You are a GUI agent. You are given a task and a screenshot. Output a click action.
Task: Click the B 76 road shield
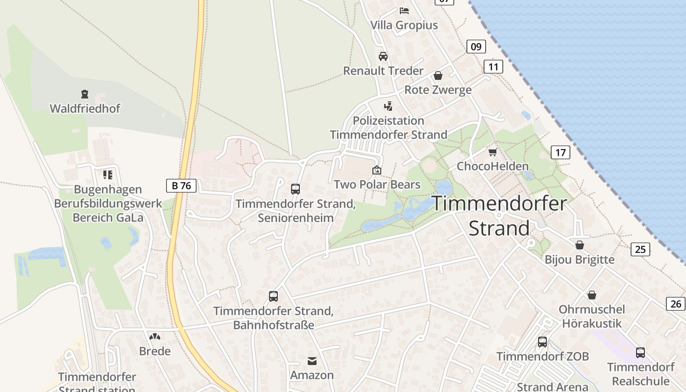tap(181, 186)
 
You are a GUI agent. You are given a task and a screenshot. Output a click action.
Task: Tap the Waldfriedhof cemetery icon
tap(85, 94)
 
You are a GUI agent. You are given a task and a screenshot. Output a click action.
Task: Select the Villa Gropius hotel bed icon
tap(404, 10)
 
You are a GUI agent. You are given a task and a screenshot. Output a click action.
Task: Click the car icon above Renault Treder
tap(383, 56)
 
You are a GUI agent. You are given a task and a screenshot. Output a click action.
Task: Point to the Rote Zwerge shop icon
tap(438, 75)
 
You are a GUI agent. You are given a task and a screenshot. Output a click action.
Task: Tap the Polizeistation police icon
tap(388, 106)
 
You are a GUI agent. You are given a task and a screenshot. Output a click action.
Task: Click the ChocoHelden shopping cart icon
tap(492, 152)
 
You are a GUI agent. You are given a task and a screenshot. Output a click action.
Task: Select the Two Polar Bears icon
tap(377, 170)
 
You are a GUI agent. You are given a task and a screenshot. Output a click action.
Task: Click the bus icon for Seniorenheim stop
tap(295, 189)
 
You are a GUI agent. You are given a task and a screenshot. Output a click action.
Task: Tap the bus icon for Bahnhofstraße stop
tap(273, 296)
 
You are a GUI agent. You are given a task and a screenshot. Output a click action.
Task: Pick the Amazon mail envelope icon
tap(312, 361)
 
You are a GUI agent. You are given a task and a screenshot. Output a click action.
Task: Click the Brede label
tap(155, 351)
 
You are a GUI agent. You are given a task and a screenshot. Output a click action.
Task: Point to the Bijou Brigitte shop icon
tap(580, 245)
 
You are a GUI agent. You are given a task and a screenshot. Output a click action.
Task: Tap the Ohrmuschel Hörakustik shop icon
tap(592, 294)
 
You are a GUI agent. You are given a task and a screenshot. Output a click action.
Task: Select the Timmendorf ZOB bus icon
tap(542, 342)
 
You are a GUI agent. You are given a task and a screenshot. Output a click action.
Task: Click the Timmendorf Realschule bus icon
tap(640, 352)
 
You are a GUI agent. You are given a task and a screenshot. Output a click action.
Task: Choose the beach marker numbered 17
tap(561, 152)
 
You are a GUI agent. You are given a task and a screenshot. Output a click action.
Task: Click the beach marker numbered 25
tap(640, 249)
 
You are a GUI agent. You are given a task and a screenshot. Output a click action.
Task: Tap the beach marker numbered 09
tap(476, 47)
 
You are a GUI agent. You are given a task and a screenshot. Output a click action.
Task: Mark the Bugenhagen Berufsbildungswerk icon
tap(108, 174)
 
